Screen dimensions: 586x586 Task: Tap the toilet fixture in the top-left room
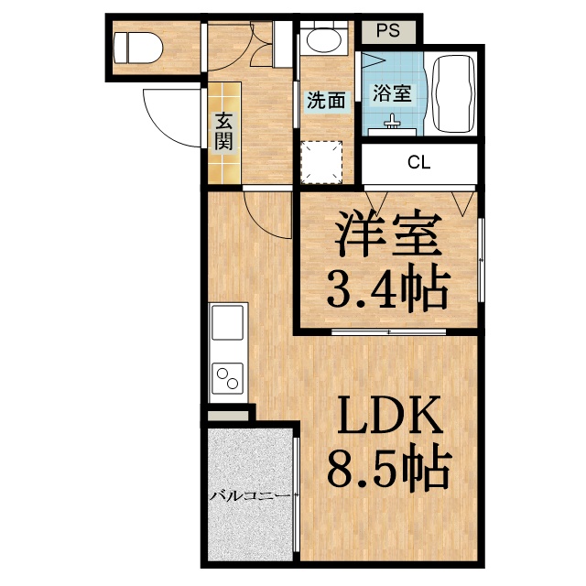coord(138,45)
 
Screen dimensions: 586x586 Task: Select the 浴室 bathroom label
coord(391,92)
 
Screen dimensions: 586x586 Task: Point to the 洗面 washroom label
coord(325,101)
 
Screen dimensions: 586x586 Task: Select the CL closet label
coord(418,164)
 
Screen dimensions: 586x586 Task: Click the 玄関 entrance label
coord(224,130)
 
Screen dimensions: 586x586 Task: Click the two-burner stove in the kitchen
coord(228,377)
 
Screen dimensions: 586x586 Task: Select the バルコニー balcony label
coord(250,496)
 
